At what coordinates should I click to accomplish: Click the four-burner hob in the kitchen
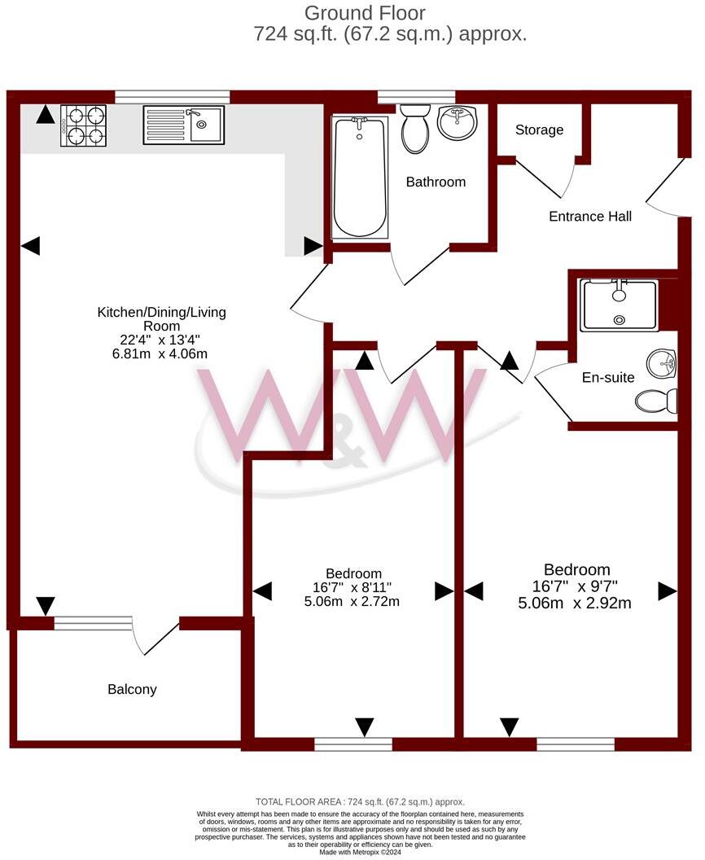[x=83, y=125]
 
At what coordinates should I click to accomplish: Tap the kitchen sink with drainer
[x=183, y=125]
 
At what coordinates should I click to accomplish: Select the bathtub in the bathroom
[x=358, y=178]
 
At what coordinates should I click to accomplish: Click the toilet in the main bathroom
[x=415, y=129]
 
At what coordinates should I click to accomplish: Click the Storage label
[x=539, y=130]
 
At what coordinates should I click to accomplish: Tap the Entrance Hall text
[x=590, y=217]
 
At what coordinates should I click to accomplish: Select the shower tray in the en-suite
[x=618, y=305]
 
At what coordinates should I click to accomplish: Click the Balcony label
[x=132, y=690]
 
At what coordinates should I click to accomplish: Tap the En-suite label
[x=607, y=378]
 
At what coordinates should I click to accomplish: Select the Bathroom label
[x=436, y=182]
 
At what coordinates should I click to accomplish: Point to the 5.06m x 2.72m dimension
[x=352, y=602]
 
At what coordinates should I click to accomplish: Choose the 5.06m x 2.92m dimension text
[x=575, y=603]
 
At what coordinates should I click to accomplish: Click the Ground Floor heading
[x=364, y=13]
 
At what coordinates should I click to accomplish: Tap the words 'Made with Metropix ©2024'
[x=361, y=852]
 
